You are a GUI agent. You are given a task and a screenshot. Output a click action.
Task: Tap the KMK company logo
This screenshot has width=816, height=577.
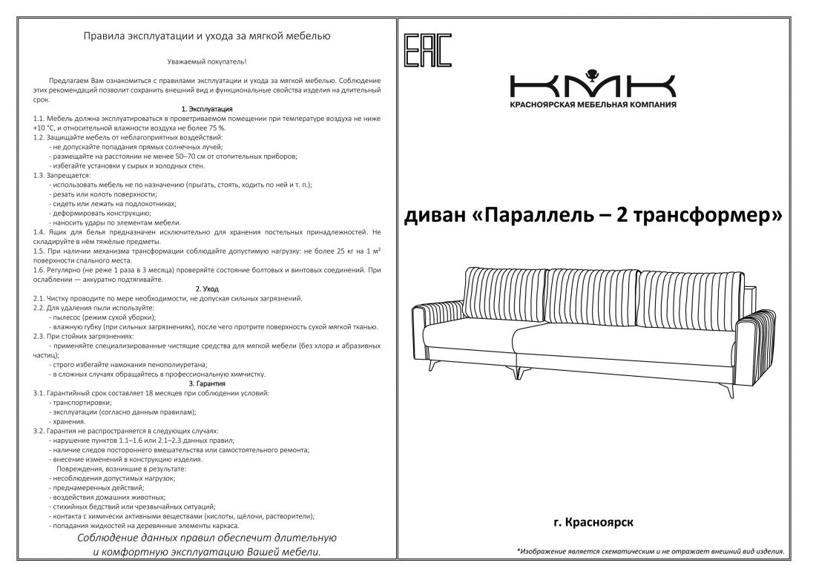click(x=592, y=83)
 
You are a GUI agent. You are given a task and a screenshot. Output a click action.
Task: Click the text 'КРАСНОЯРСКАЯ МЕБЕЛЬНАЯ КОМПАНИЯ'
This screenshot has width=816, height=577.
click(x=592, y=105)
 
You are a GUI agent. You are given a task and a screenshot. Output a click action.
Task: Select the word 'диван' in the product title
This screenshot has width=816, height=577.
click(x=433, y=216)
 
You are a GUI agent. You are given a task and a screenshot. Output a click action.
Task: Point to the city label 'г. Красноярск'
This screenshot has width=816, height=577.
click(x=593, y=522)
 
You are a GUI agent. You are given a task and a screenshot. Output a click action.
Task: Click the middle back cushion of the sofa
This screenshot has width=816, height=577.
click(x=589, y=297)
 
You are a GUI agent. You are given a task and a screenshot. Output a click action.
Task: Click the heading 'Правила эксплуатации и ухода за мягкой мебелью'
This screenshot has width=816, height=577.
click(x=207, y=35)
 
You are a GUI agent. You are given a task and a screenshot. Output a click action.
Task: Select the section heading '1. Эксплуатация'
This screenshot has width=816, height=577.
click(x=207, y=109)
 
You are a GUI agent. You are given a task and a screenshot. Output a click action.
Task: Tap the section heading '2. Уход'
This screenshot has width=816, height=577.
click(x=207, y=288)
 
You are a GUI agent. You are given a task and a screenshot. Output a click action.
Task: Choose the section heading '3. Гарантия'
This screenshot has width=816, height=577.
click(x=207, y=383)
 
